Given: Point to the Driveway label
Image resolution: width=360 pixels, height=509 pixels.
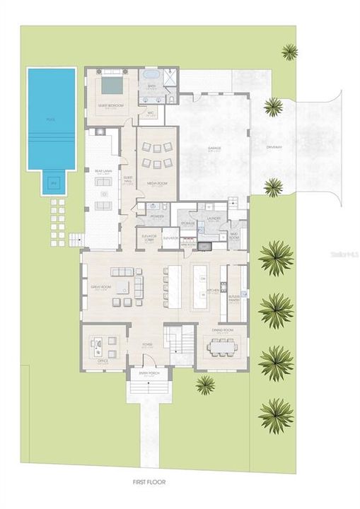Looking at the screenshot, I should pos(274,147).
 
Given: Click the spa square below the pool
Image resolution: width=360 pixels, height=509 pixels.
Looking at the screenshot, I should pos(51,184).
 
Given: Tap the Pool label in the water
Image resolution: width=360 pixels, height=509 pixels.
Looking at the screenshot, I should pos(51,119).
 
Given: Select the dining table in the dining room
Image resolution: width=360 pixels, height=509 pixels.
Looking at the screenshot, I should pos(220,347).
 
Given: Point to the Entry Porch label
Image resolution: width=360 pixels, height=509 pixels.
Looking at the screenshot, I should pos(149,375).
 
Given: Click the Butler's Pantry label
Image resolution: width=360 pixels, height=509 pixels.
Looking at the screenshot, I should pos(234,298).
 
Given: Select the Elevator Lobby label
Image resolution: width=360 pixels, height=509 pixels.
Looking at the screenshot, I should pos(149,238).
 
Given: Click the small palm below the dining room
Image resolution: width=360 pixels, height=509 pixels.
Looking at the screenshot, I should pos(205,384).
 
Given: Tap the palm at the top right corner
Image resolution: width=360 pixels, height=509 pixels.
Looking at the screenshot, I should pos(289,51).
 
